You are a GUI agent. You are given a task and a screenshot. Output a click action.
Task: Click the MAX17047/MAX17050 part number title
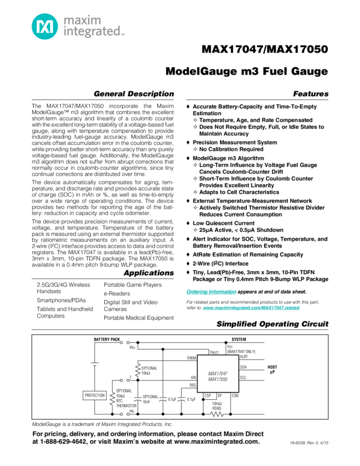[265, 50]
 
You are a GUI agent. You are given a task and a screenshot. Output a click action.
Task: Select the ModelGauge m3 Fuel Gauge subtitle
[247, 72]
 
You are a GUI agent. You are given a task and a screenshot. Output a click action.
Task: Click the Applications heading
[148, 273]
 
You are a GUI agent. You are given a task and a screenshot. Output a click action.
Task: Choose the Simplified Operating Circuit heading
[272, 324]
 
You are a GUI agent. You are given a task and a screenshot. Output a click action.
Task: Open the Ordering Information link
[207, 291]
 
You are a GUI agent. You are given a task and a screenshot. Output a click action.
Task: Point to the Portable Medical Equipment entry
[138, 317]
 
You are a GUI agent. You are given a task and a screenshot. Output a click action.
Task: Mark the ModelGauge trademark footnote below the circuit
[101, 424]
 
